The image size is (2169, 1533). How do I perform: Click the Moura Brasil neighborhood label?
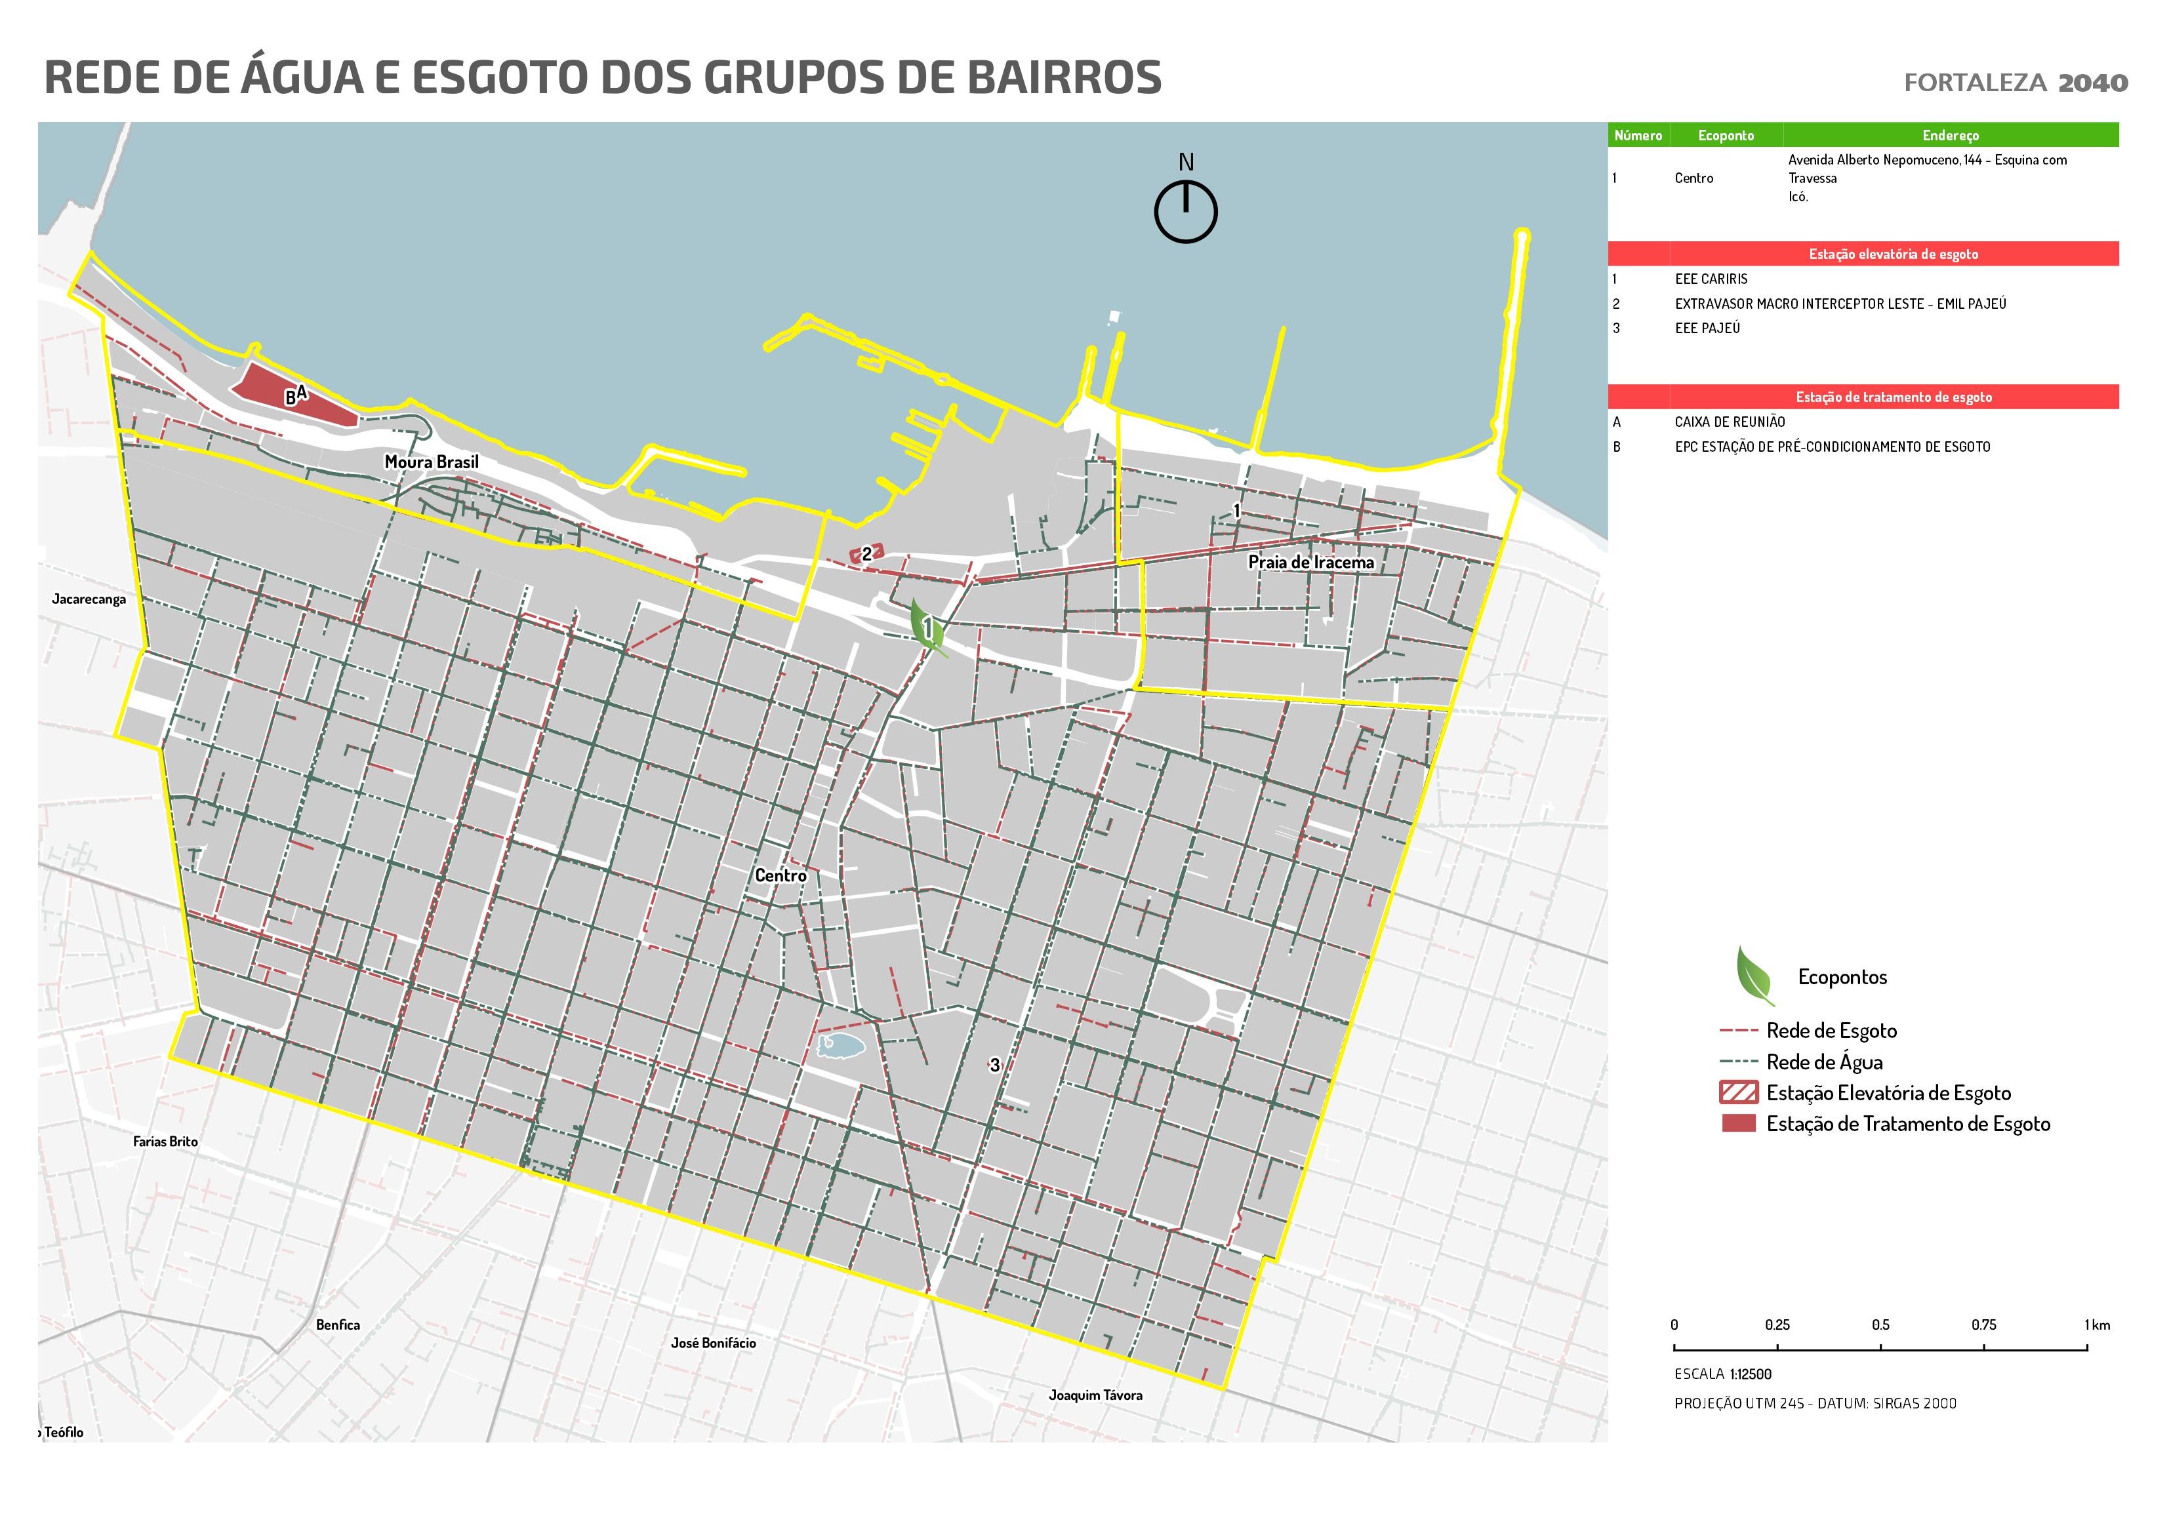[432, 462]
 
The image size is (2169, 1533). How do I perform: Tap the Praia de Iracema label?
[1310, 562]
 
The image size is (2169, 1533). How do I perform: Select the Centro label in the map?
[780, 875]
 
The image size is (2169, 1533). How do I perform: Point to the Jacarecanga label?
[89, 599]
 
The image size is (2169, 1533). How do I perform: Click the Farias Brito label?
[165, 1141]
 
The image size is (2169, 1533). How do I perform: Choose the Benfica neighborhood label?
[337, 1324]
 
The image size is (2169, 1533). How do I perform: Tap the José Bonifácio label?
[713, 1342]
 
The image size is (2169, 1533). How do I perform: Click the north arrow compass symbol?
[1186, 210]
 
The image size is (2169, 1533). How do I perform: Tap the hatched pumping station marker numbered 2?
[866, 553]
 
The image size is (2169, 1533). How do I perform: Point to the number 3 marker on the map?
[994, 1064]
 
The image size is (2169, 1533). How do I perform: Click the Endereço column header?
[1950, 135]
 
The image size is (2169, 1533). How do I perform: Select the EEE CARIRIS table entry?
[1711, 279]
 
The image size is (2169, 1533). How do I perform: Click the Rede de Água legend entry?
[1823, 1062]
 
